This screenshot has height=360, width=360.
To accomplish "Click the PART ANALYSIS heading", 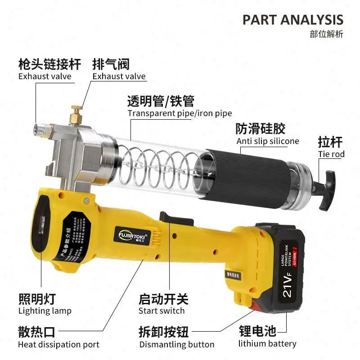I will (293, 19).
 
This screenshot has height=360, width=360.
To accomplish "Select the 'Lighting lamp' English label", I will (45, 310).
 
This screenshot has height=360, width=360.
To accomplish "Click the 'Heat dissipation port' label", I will (58, 345).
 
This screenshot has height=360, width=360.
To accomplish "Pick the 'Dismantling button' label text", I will (177, 345).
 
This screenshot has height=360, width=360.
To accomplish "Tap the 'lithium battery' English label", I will (267, 344).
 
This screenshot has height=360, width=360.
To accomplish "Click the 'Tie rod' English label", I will (331, 154).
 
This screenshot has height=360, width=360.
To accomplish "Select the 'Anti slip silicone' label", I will (268, 141).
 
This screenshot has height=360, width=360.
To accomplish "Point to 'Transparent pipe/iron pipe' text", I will (180, 113).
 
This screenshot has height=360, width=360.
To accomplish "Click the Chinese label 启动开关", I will (163, 299).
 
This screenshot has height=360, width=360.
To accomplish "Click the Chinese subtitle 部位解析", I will (326, 34).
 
